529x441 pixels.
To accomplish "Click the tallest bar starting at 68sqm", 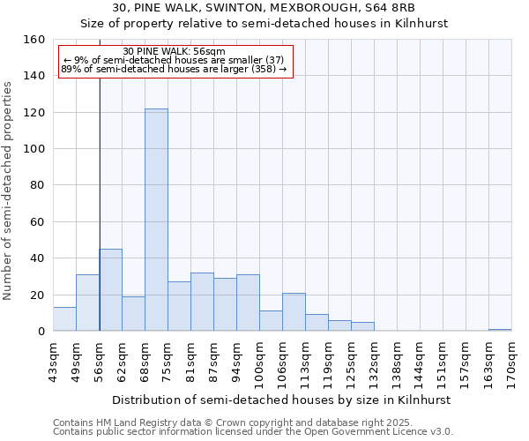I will coord(156,220).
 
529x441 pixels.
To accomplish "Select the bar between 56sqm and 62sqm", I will coord(110,290).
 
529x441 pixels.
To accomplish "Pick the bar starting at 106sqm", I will coord(294,312).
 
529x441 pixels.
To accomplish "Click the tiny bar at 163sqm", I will coord(500,330).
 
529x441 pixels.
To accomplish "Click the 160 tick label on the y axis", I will coord(34,40).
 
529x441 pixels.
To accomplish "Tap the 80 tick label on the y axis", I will coord(38,185).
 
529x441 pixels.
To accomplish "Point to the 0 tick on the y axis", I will coord(41,332).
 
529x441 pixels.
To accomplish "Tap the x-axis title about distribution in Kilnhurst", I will coord(282,400).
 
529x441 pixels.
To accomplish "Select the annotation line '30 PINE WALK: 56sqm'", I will coord(174,51).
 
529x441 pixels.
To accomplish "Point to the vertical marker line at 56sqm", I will coord(100,176).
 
